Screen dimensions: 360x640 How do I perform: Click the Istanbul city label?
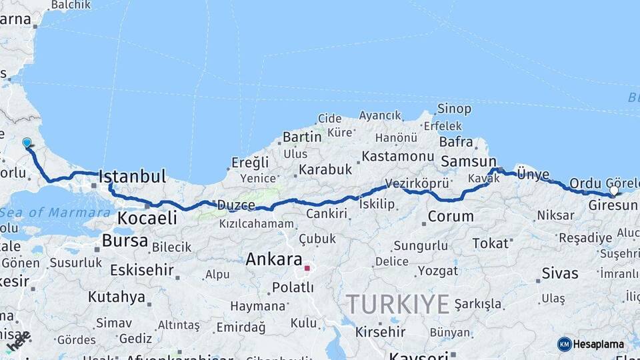[x=132, y=177]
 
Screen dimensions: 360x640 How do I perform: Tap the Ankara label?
[x=273, y=259]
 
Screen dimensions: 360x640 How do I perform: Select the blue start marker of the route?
[x=27, y=143]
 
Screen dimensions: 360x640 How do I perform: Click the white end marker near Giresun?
[x=614, y=191]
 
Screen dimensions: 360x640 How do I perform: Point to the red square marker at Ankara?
[x=307, y=269]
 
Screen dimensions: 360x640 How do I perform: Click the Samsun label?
[x=469, y=161]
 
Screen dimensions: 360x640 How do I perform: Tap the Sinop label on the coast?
[x=454, y=109]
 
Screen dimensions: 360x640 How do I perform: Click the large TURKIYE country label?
[x=397, y=305]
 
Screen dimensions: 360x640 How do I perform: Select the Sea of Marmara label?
[x=55, y=213]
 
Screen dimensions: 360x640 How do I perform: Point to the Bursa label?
[x=125, y=241]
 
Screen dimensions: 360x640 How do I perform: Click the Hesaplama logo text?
[x=599, y=344]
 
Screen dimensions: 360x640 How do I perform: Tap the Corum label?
[x=451, y=216]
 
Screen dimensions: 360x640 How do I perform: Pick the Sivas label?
[x=560, y=273]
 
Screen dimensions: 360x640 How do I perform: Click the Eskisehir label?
[x=141, y=270]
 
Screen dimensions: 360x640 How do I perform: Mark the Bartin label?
[x=302, y=137]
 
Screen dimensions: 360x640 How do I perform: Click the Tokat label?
[x=490, y=243]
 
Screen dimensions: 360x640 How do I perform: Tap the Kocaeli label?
[x=147, y=218]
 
